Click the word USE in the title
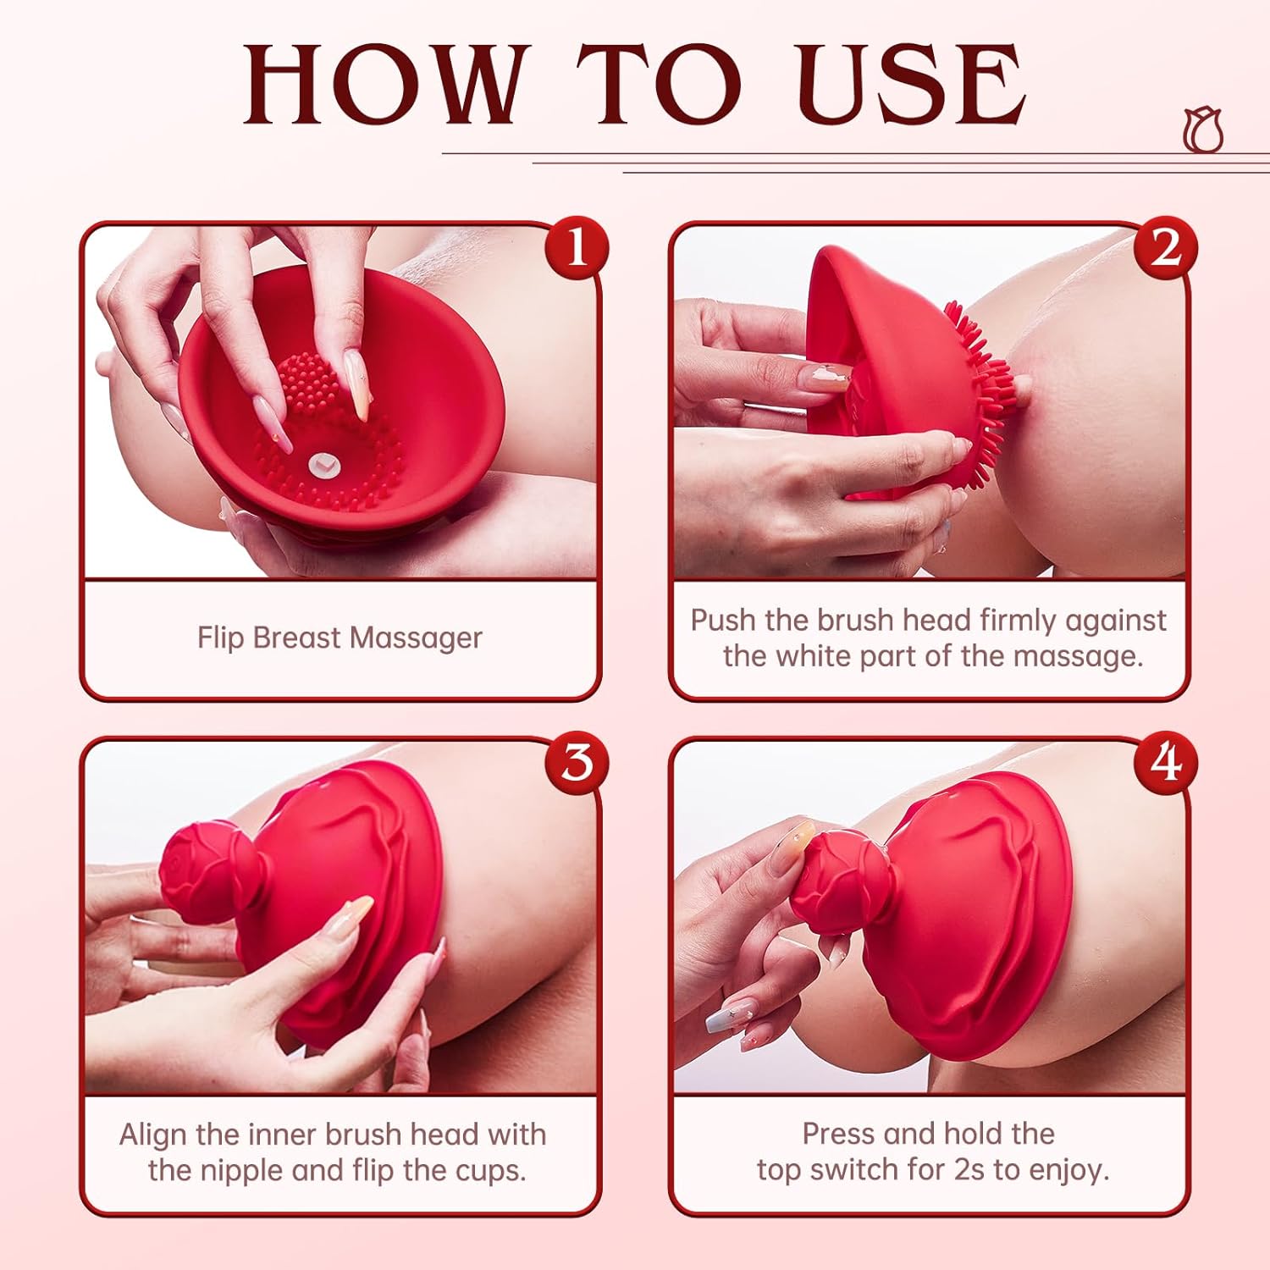tap(911, 85)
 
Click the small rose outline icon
tap(1203, 130)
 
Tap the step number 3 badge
tap(577, 761)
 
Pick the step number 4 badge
tap(1166, 761)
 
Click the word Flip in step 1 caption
tap(221, 638)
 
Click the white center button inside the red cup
tap(321, 463)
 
